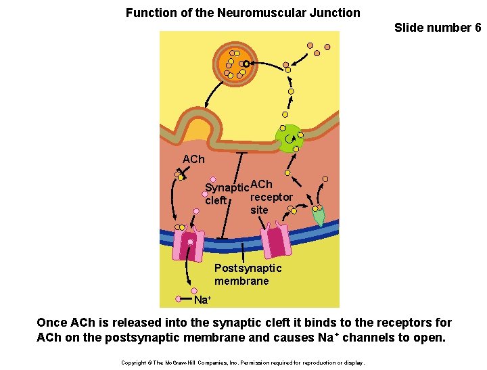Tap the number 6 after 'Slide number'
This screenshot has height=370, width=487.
pos(478,28)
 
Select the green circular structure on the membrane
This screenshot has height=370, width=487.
pos(290,138)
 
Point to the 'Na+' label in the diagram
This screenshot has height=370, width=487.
pos(203,299)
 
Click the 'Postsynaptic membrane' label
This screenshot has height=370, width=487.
pos(248,275)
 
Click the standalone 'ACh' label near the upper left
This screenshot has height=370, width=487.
pos(193,159)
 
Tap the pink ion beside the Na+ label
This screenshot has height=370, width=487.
pos(179,298)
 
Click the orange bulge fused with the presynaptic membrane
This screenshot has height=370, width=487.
pos(198,131)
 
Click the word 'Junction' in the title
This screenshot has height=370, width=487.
pos(335,13)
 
